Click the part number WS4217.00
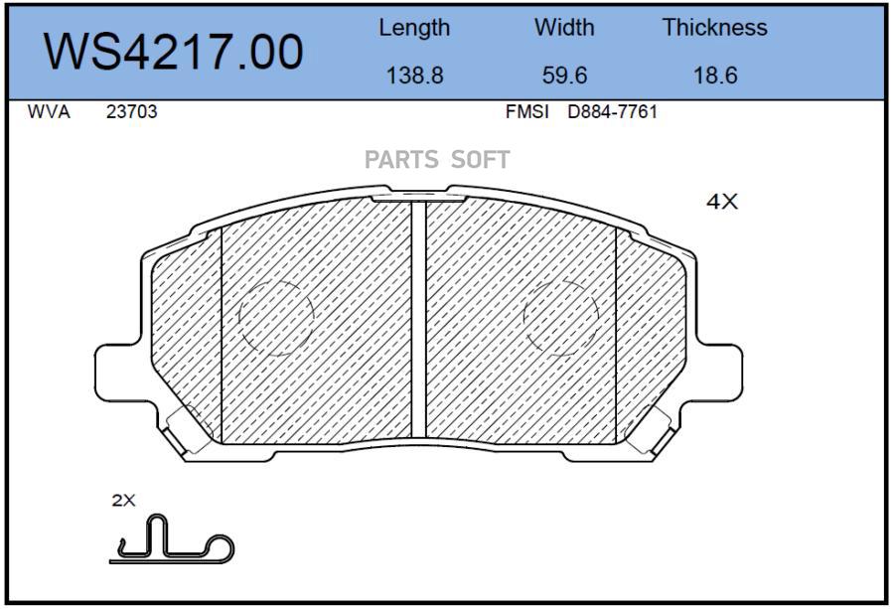tap(175, 53)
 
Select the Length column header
tap(414, 28)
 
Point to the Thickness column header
tap(715, 28)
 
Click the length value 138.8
tap(414, 76)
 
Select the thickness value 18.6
tap(715, 76)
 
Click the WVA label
tap(49, 112)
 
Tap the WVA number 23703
tap(131, 112)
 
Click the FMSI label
tap(526, 112)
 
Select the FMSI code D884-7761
tap(612, 112)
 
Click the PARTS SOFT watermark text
tap(437, 160)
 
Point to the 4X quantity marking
tap(722, 202)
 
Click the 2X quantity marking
tap(123, 501)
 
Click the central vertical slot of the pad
tap(418, 318)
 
